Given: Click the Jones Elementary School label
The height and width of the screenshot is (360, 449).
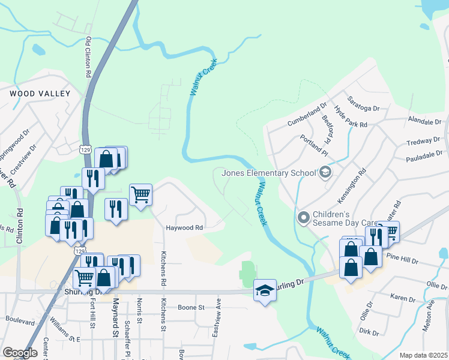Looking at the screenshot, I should (269, 173).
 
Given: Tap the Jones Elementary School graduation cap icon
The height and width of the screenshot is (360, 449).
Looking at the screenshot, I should (325, 173).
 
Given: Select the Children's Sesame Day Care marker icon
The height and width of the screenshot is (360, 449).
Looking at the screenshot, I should (303, 216).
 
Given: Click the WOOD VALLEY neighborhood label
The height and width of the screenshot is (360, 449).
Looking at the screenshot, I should (40, 94).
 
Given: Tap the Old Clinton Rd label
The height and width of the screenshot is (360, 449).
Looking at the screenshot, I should (88, 57).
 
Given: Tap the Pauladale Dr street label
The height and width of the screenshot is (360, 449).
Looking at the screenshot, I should (423, 155).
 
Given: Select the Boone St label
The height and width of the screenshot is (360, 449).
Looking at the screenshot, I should (191, 307).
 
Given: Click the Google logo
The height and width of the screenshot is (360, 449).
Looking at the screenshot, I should (20, 353).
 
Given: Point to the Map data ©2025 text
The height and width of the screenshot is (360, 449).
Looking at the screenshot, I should (423, 355).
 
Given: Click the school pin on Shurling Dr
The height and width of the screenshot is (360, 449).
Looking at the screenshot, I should (264, 290).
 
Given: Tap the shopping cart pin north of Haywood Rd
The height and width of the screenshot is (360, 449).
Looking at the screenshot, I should (140, 194).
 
